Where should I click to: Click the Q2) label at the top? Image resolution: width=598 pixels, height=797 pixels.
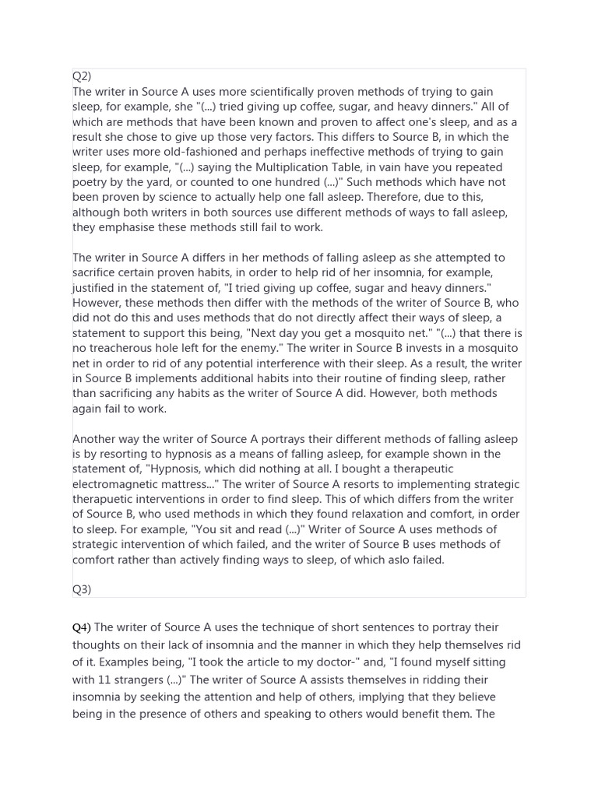point(82,76)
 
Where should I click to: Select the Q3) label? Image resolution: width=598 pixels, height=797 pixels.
point(82,589)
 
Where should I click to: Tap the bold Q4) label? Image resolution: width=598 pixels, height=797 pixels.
point(82,627)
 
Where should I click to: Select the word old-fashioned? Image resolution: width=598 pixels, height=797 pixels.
point(169,152)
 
